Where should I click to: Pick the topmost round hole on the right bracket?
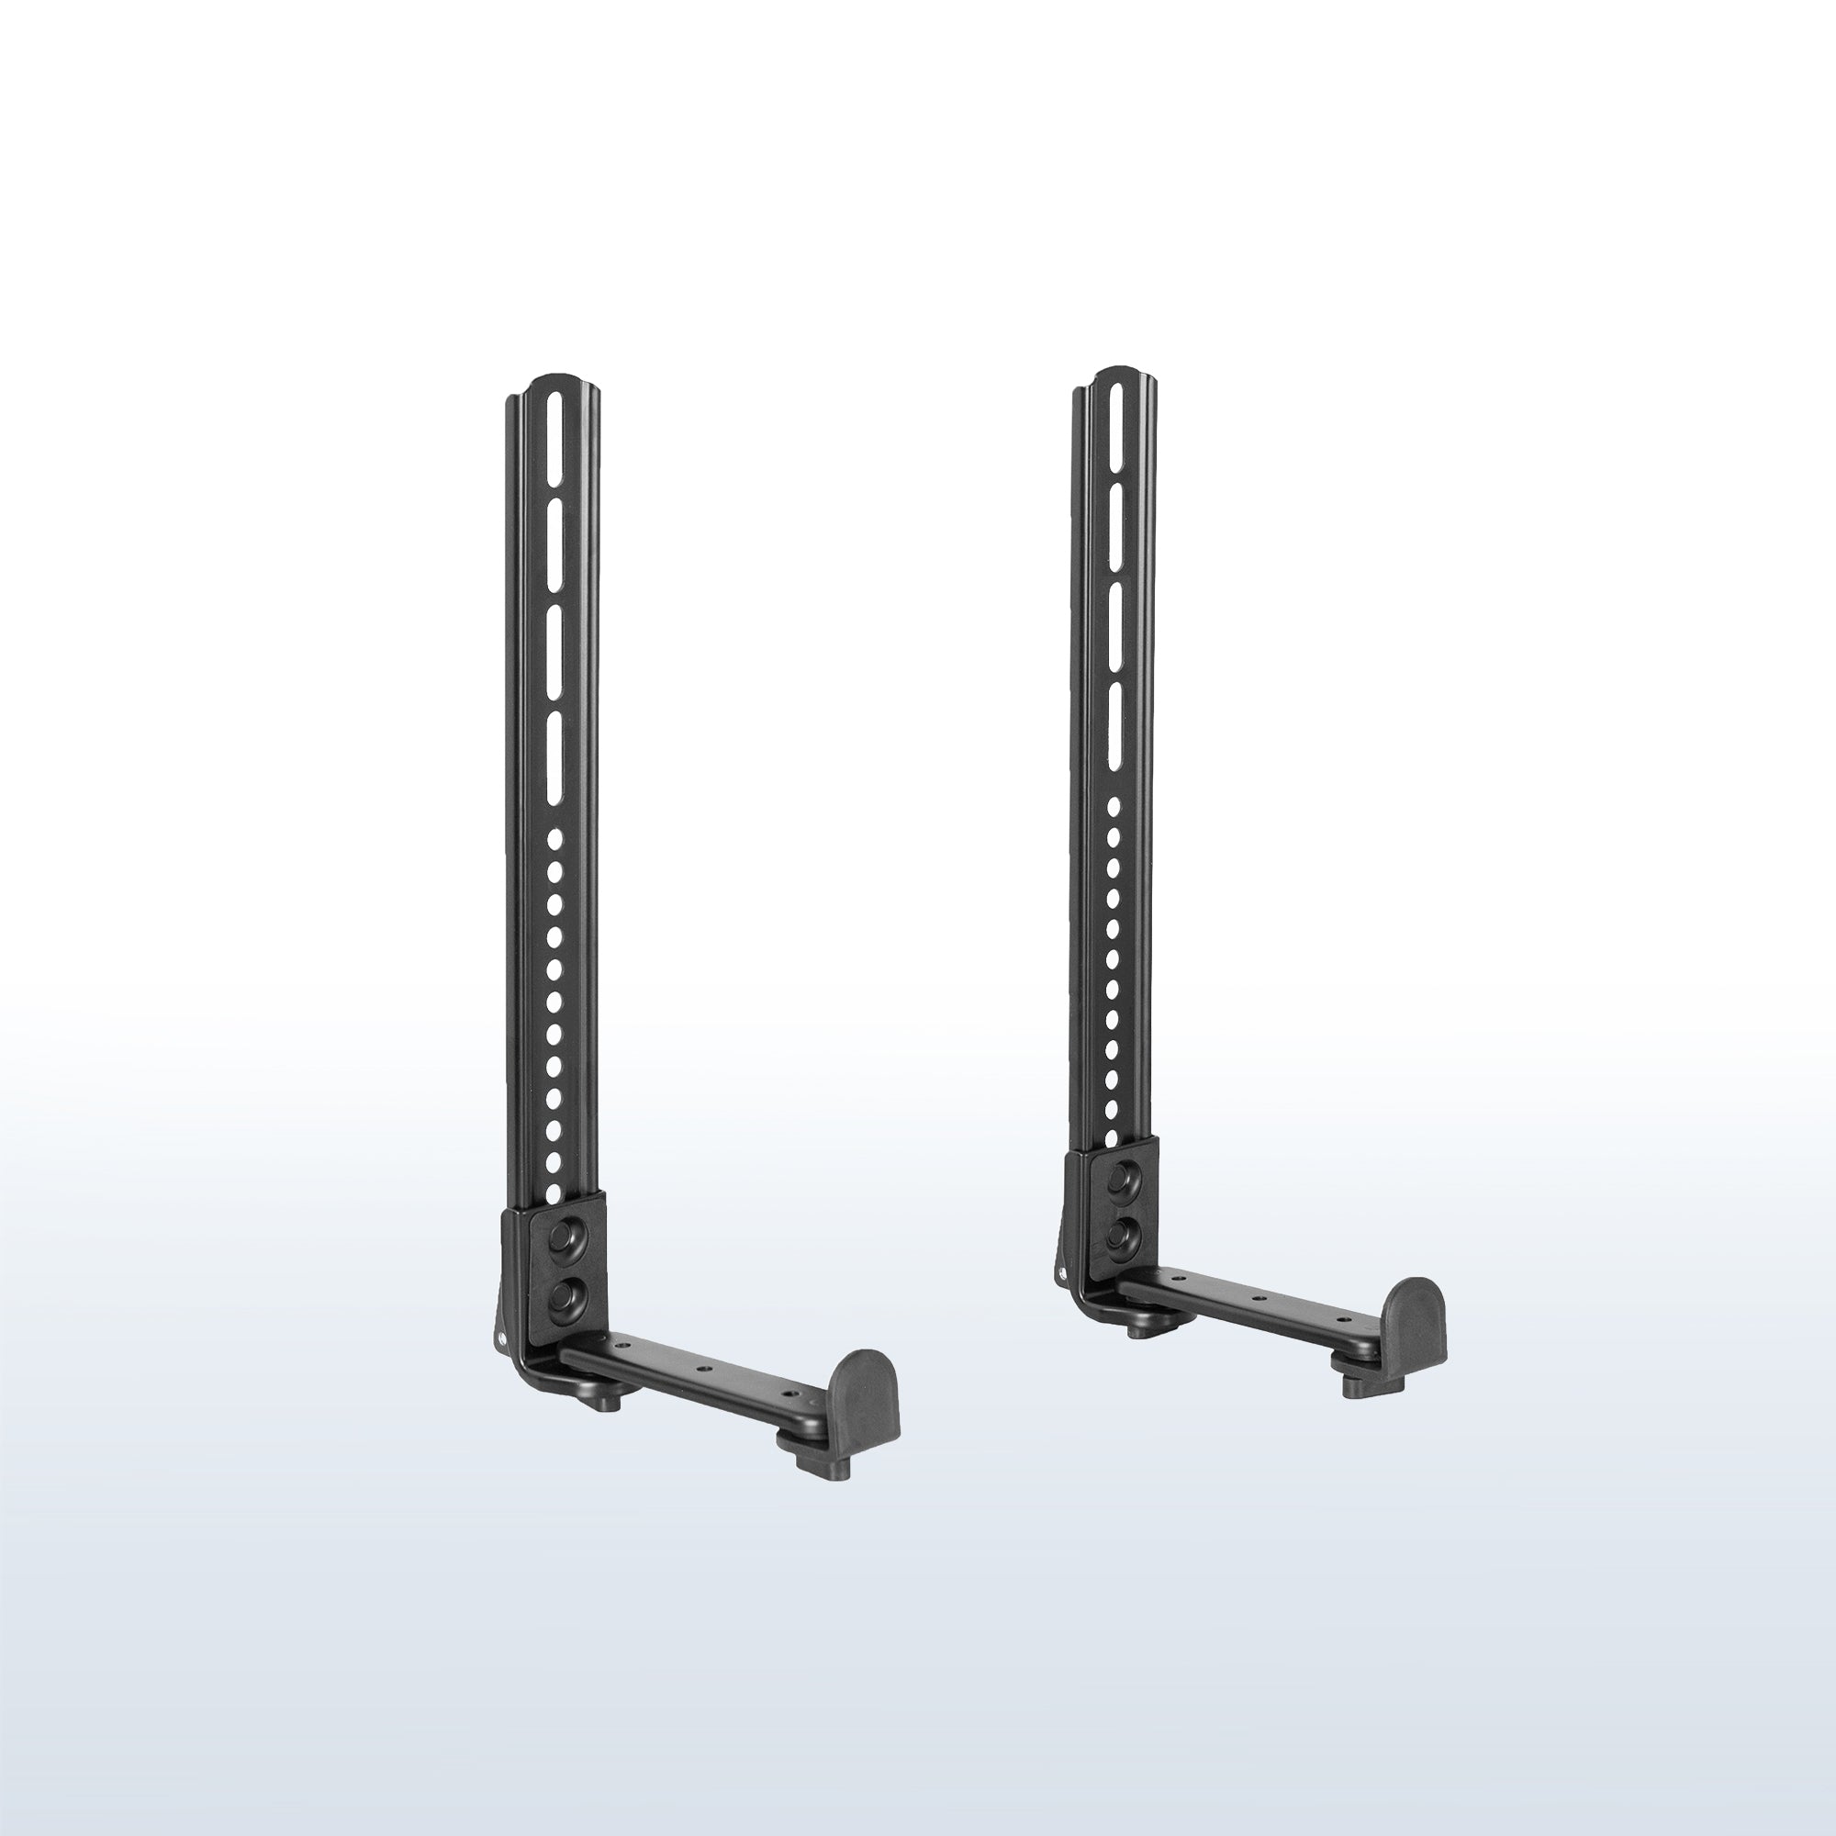(x=1115, y=807)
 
